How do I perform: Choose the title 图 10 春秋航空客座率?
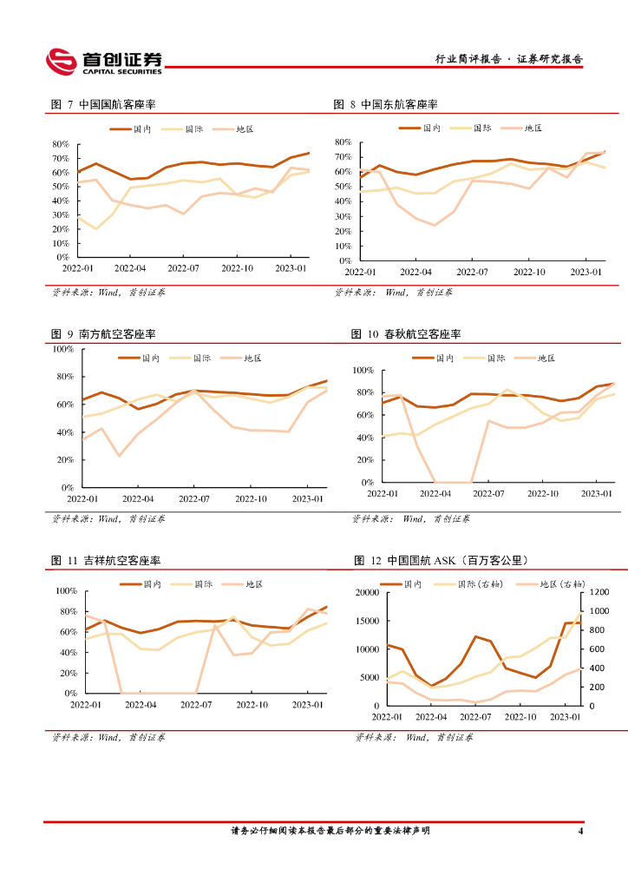pyautogui.click(x=406, y=333)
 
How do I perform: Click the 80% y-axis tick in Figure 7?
pyautogui.click(x=61, y=144)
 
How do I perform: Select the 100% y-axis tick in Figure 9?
pyautogui.click(x=63, y=349)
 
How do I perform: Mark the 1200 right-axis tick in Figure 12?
pyautogui.click(x=600, y=592)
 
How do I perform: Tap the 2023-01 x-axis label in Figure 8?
pyautogui.click(x=586, y=272)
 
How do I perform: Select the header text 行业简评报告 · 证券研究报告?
pyautogui.click(x=508, y=59)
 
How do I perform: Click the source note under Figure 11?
pyautogui.click(x=108, y=737)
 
